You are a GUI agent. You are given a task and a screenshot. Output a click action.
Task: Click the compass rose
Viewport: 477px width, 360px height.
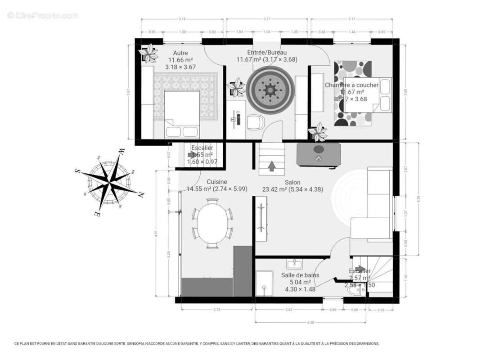pyautogui.click(x=109, y=183)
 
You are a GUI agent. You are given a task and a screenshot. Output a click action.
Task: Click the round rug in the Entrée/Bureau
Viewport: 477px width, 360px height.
pyautogui.click(x=270, y=90)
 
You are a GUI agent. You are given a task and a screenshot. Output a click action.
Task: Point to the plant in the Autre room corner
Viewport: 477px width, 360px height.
pyautogui.click(x=148, y=54)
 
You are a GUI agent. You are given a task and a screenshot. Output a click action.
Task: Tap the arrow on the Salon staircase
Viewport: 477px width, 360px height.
pyautogui.click(x=272, y=166)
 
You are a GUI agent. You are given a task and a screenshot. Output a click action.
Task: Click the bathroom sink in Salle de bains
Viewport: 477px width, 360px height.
pyautogui.click(x=296, y=263)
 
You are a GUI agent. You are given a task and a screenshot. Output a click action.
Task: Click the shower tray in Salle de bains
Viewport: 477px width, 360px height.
pyautogui.click(x=264, y=283)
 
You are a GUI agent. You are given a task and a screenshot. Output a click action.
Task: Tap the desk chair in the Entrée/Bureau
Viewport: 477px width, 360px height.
pyautogui.click(x=255, y=121)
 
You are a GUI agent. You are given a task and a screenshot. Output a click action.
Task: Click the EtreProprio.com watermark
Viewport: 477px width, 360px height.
pyautogui.click(x=43, y=15)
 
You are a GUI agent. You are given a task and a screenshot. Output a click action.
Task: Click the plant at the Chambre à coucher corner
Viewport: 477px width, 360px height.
pyautogui.click(x=318, y=132)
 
